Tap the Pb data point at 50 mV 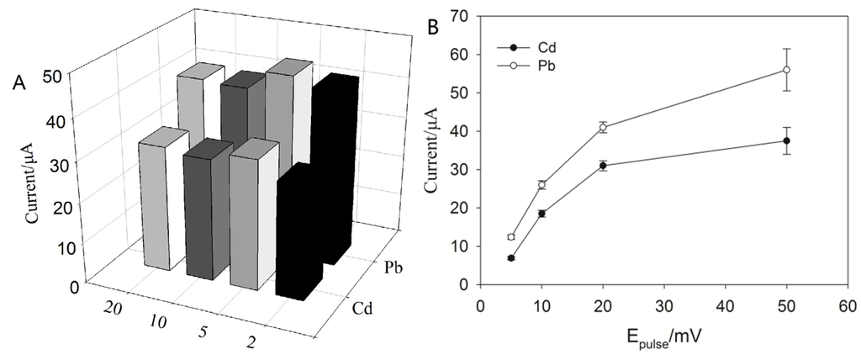(786, 70)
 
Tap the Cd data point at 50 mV (786, 140)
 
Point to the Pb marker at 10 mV (541, 184)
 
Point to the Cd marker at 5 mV (510, 258)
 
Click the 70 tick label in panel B (461, 15)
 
